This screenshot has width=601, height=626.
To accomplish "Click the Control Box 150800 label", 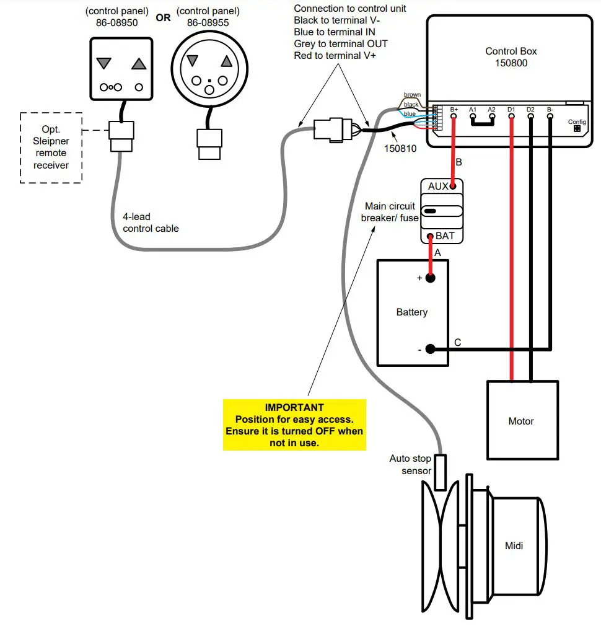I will click(x=511, y=57).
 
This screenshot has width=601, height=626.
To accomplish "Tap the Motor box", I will click(x=521, y=421).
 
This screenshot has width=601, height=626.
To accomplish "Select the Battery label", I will click(x=412, y=312).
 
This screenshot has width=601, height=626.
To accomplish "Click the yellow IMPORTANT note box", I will click(x=294, y=425).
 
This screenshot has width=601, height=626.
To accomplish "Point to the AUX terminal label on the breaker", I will click(x=438, y=187).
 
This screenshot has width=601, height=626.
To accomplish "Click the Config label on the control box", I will click(x=577, y=122).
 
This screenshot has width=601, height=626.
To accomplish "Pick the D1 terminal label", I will click(x=511, y=110).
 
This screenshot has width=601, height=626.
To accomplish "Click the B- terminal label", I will click(x=550, y=110).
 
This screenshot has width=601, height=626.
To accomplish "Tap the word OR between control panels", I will click(x=163, y=18).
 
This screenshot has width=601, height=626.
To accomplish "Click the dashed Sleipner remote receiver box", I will click(x=51, y=148).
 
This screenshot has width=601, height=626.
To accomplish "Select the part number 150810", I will click(x=399, y=149).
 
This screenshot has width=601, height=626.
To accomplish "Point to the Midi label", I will click(x=514, y=545).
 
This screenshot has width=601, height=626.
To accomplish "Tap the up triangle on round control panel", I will click(x=227, y=61).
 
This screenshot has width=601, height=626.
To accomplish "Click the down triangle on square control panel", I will click(x=104, y=64).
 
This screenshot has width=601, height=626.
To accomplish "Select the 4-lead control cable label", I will click(x=151, y=223).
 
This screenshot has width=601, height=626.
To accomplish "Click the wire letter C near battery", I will click(x=457, y=342).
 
